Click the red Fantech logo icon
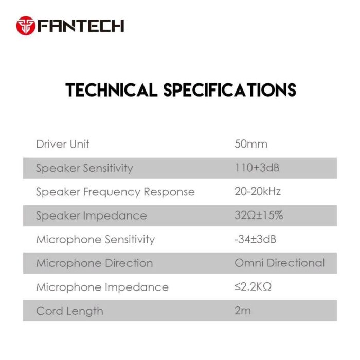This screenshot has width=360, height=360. coord(25,25)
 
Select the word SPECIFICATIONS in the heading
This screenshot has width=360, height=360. coord(229,90)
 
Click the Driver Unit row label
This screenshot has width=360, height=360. coord(63,144)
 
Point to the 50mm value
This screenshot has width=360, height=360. coord(251,144)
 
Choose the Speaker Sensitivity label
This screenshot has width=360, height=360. coord(84,168)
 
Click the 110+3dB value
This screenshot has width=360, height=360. coord(257,168)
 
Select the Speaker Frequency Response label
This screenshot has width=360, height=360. coord(115,192)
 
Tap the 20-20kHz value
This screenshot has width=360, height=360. coord(258,192)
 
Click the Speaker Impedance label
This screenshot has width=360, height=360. coord(91,216)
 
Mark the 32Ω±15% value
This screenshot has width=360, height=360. coord(259,215)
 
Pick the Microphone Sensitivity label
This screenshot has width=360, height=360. coord(95,240)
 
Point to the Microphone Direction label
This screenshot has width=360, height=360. coord(94,263)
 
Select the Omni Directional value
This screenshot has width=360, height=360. coord(280,263)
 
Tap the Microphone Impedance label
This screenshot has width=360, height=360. coord(102,287)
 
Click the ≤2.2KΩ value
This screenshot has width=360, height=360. coord(253,286)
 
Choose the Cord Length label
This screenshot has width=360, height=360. coord(69,311)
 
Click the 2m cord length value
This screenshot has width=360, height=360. coord(242,311)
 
